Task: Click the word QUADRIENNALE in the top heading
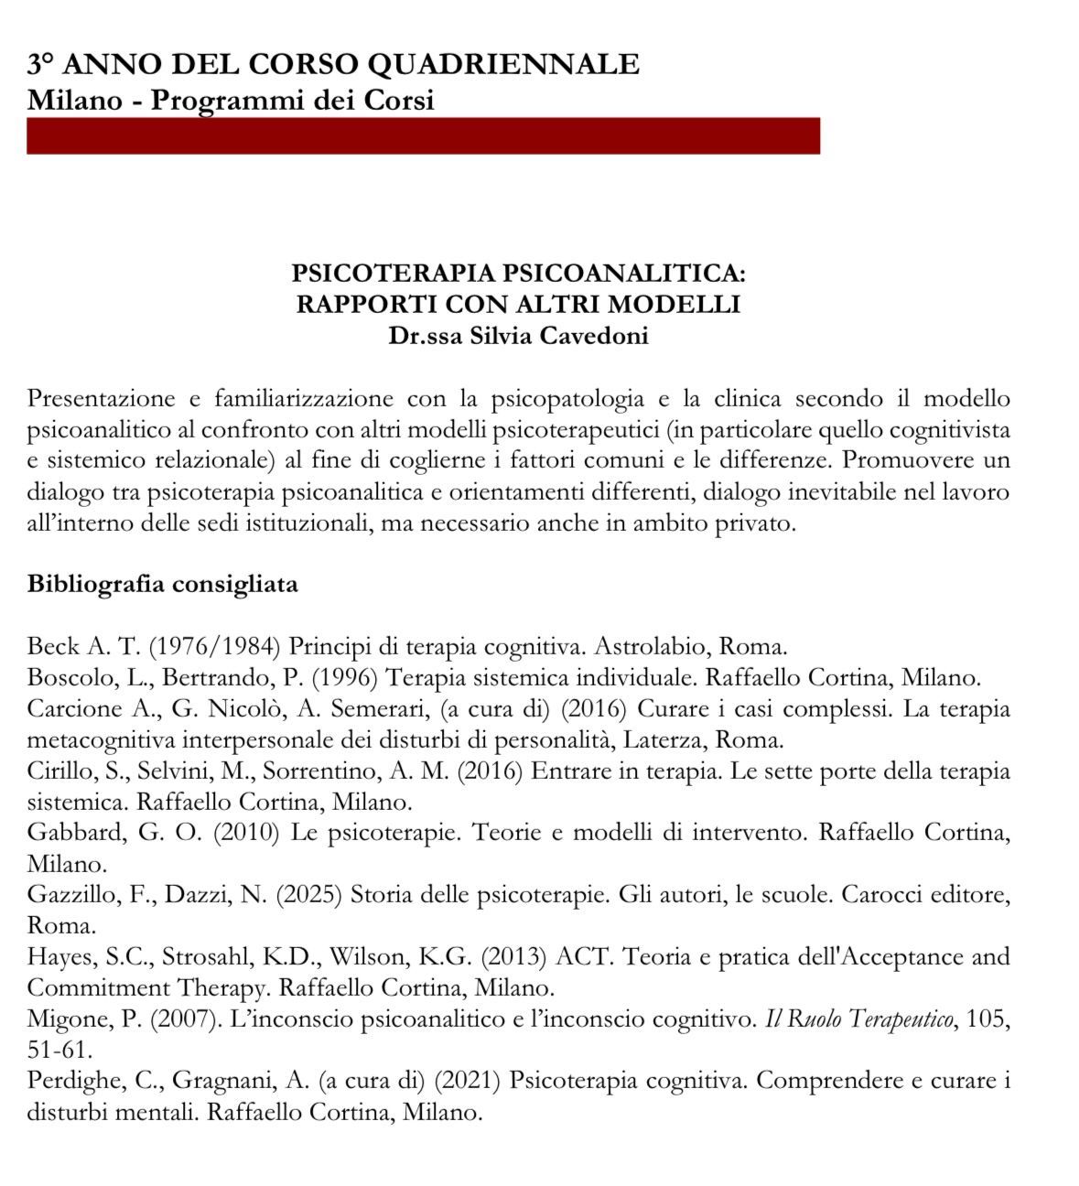click(502, 64)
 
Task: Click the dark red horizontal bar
click(423, 135)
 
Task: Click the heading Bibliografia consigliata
click(163, 584)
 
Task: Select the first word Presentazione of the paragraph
click(101, 399)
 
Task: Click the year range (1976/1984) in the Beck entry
click(213, 647)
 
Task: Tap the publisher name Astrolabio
click(649, 647)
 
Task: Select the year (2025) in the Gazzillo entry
click(309, 894)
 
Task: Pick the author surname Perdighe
click(74, 1081)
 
